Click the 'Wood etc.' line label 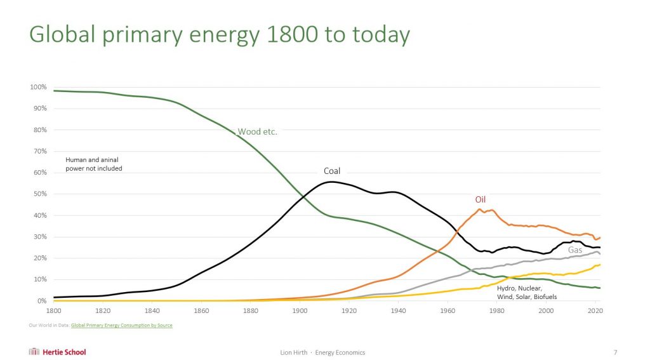[257, 132]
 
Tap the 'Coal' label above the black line [332, 171]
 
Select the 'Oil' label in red [481, 199]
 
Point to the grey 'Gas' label [574, 250]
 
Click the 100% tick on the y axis [39, 87]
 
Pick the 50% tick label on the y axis [40, 194]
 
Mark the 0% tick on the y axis [42, 301]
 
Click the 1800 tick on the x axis [53, 311]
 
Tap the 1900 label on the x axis [300, 311]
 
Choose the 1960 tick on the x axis [448, 311]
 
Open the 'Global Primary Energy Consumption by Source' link [122, 326]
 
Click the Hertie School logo [57, 352]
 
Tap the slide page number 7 [615, 352]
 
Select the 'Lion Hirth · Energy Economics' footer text [322, 352]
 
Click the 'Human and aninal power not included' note [94, 164]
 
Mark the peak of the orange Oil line [480, 209]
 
